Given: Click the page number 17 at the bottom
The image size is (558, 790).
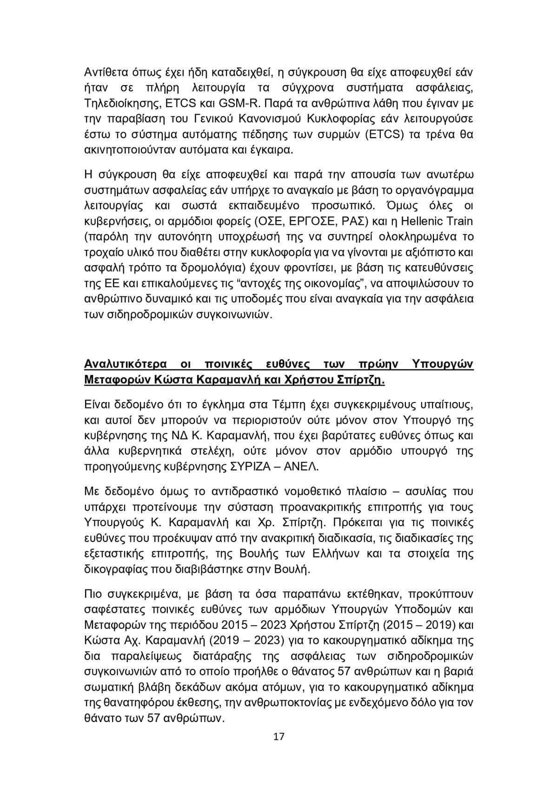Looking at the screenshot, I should (279, 736).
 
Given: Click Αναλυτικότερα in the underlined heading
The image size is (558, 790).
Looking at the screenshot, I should (126, 364).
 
